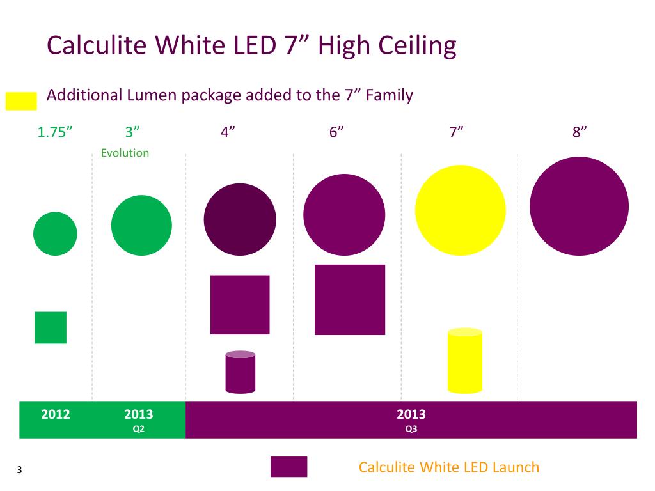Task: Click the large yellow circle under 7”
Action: tap(460, 210)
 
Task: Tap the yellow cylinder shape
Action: tap(464, 361)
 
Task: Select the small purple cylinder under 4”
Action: tap(241, 371)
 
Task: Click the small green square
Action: tap(51, 327)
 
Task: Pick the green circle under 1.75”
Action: tap(55, 234)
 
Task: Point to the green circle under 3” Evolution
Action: tap(141, 225)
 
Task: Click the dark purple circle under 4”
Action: tap(240, 219)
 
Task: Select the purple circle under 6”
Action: tap(344, 215)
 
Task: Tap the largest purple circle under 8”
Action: tap(580, 206)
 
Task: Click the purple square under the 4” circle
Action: tap(240, 304)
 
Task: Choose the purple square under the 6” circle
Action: tap(350, 299)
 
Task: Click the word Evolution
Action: tap(125, 153)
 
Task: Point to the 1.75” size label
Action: tap(54, 132)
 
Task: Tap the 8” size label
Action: tap(580, 132)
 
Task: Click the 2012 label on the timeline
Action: tap(56, 414)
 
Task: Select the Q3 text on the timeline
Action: tap(411, 429)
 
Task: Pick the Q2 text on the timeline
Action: tap(139, 429)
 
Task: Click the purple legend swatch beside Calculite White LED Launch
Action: tap(288, 467)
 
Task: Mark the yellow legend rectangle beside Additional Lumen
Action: tap(21, 101)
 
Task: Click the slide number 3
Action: tap(20, 471)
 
